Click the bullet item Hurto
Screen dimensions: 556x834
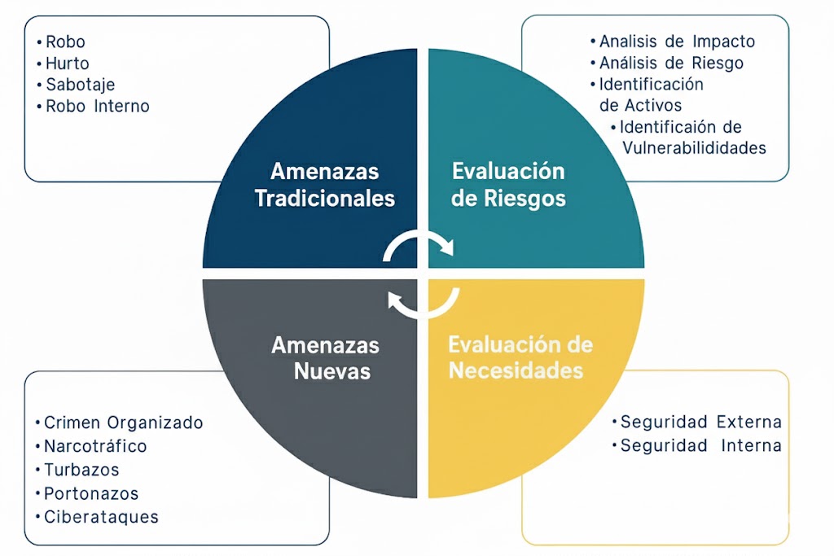[x=67, y=63]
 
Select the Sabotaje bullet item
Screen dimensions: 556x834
[x=80, y=84]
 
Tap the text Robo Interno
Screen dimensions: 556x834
[x=97, y=106]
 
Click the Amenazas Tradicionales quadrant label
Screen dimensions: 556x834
[x=324, y=185]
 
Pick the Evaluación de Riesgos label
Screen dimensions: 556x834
[x=508, y=184]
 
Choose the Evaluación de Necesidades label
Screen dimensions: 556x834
[x=520, y=357]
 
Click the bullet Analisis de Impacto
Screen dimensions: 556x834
[x=677, y=42]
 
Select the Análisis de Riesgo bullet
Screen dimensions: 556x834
[x=671, y=63]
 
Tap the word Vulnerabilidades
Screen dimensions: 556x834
[x=694, y=148]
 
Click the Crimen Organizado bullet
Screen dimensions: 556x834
[x=123, y=422]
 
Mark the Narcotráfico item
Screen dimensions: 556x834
[x=95, y=446]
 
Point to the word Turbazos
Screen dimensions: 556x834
[x=81, y=470]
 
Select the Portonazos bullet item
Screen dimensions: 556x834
[x=91, y=493]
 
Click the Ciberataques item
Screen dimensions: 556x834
[x=101, y=517]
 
